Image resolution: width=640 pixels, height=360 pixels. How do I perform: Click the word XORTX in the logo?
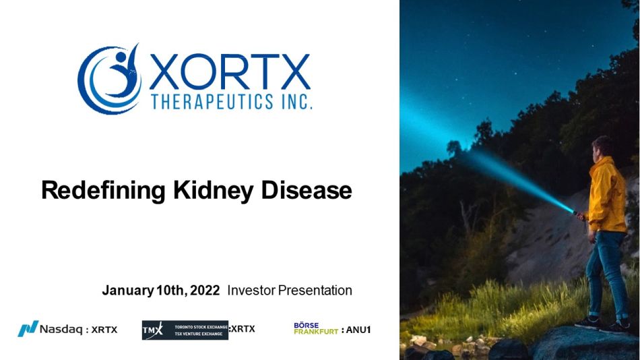[x=230, y=72]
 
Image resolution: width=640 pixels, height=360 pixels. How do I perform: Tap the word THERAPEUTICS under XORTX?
[x=212, y=101]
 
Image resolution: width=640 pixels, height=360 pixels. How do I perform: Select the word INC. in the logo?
[x=296, y=101]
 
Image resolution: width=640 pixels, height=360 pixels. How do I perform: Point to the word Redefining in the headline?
[x=103, y=191]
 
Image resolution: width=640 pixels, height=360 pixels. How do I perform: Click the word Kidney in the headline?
[x=213, y=191]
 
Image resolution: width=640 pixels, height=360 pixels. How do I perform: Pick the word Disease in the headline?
[x=306, y=190]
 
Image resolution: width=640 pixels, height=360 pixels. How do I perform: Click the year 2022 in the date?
[x=205, y=290]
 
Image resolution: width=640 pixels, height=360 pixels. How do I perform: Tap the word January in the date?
[x=128, y=291]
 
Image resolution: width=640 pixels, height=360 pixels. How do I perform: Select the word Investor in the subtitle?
[x=251, y=290]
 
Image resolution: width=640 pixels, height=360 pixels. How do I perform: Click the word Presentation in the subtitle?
[x=315, y=290]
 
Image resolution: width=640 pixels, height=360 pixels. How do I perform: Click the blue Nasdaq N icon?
[x=28, y=328]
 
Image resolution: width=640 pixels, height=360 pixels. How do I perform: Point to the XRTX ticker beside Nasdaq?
[x=104, y=330]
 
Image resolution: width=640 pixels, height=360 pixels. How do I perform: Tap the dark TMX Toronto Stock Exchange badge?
[x=185, y=330]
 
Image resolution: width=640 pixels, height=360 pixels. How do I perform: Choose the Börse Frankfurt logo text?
[x=316, y=328]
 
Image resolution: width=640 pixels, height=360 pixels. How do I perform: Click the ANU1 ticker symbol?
[x=358, y=330]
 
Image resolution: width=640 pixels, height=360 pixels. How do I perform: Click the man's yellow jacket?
[x=606, y=196]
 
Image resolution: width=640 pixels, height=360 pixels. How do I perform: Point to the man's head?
[x=602, y=148]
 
